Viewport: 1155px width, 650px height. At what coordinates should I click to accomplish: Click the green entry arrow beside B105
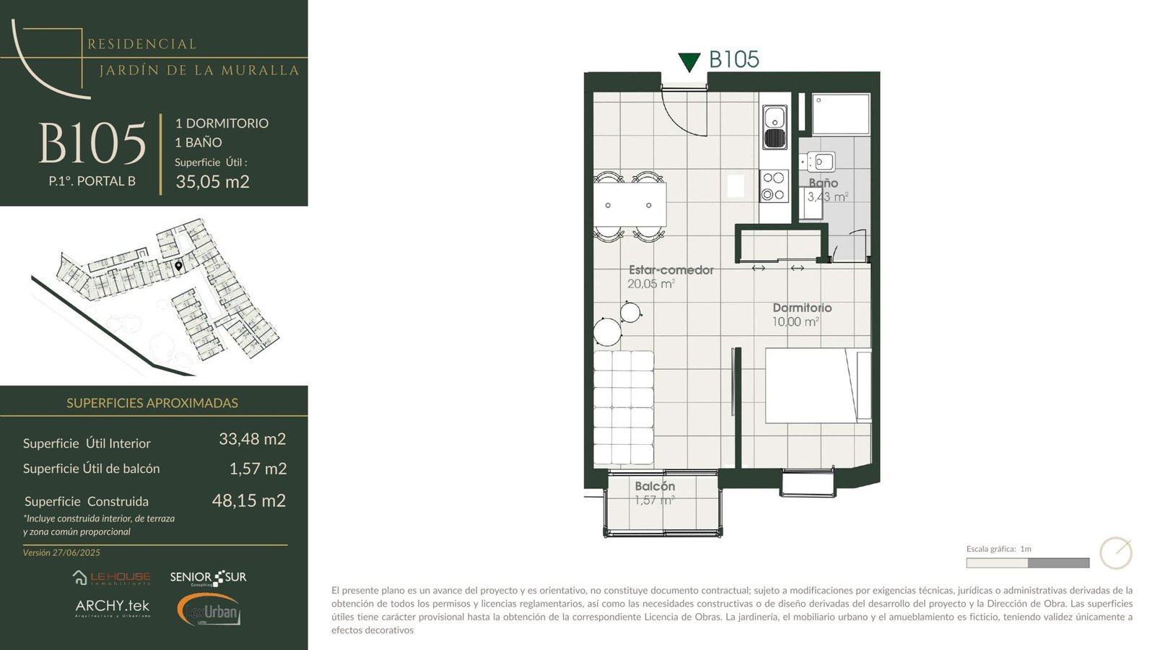pos(689,62)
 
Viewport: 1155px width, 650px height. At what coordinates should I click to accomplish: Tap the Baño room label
pos(823,183)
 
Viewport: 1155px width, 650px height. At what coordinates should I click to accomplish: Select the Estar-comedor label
pos(671,270)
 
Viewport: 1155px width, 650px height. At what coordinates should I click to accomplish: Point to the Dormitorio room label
pos(802,308)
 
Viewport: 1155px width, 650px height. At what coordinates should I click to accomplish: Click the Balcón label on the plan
pos(655,486)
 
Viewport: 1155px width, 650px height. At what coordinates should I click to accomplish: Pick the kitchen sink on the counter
pos(775,127)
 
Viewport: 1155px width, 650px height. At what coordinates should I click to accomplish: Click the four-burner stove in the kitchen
pos(773,186)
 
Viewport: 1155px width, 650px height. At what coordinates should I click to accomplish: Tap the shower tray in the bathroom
pos(841,114)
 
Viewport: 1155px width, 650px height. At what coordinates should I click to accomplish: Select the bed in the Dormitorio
pos(818,386)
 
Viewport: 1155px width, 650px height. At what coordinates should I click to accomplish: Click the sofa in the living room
pos(624,407)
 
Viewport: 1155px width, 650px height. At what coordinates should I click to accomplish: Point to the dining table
pos(629,205)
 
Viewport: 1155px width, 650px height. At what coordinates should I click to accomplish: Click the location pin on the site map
pos(178,266)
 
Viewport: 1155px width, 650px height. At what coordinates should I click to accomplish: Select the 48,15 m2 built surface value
pos(248,500)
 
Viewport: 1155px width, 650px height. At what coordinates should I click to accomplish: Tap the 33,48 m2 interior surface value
pos(252,438)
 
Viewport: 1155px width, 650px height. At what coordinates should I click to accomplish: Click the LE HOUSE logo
pos(111,578)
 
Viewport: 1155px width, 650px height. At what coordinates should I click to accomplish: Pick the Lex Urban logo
pos(209,610)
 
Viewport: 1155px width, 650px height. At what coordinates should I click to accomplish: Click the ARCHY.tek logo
pos(113,607)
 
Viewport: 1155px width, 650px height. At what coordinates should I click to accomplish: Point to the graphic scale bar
pos(1028,563)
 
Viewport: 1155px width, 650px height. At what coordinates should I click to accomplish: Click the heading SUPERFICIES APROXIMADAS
pos(152,403)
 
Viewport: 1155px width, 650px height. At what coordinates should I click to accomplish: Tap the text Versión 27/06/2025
pos(61,552)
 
